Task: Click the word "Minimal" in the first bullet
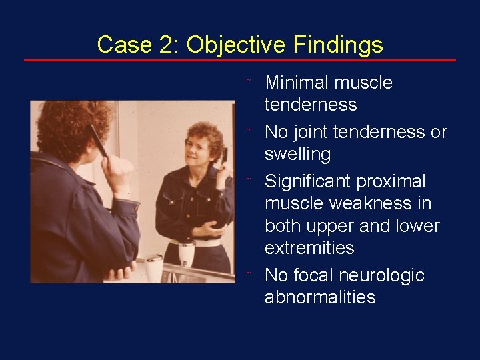[297, 83]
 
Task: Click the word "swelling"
[297, 154]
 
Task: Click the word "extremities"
[309, 248]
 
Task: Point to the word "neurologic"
[384, 275]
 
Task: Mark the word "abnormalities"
[320, 297]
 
